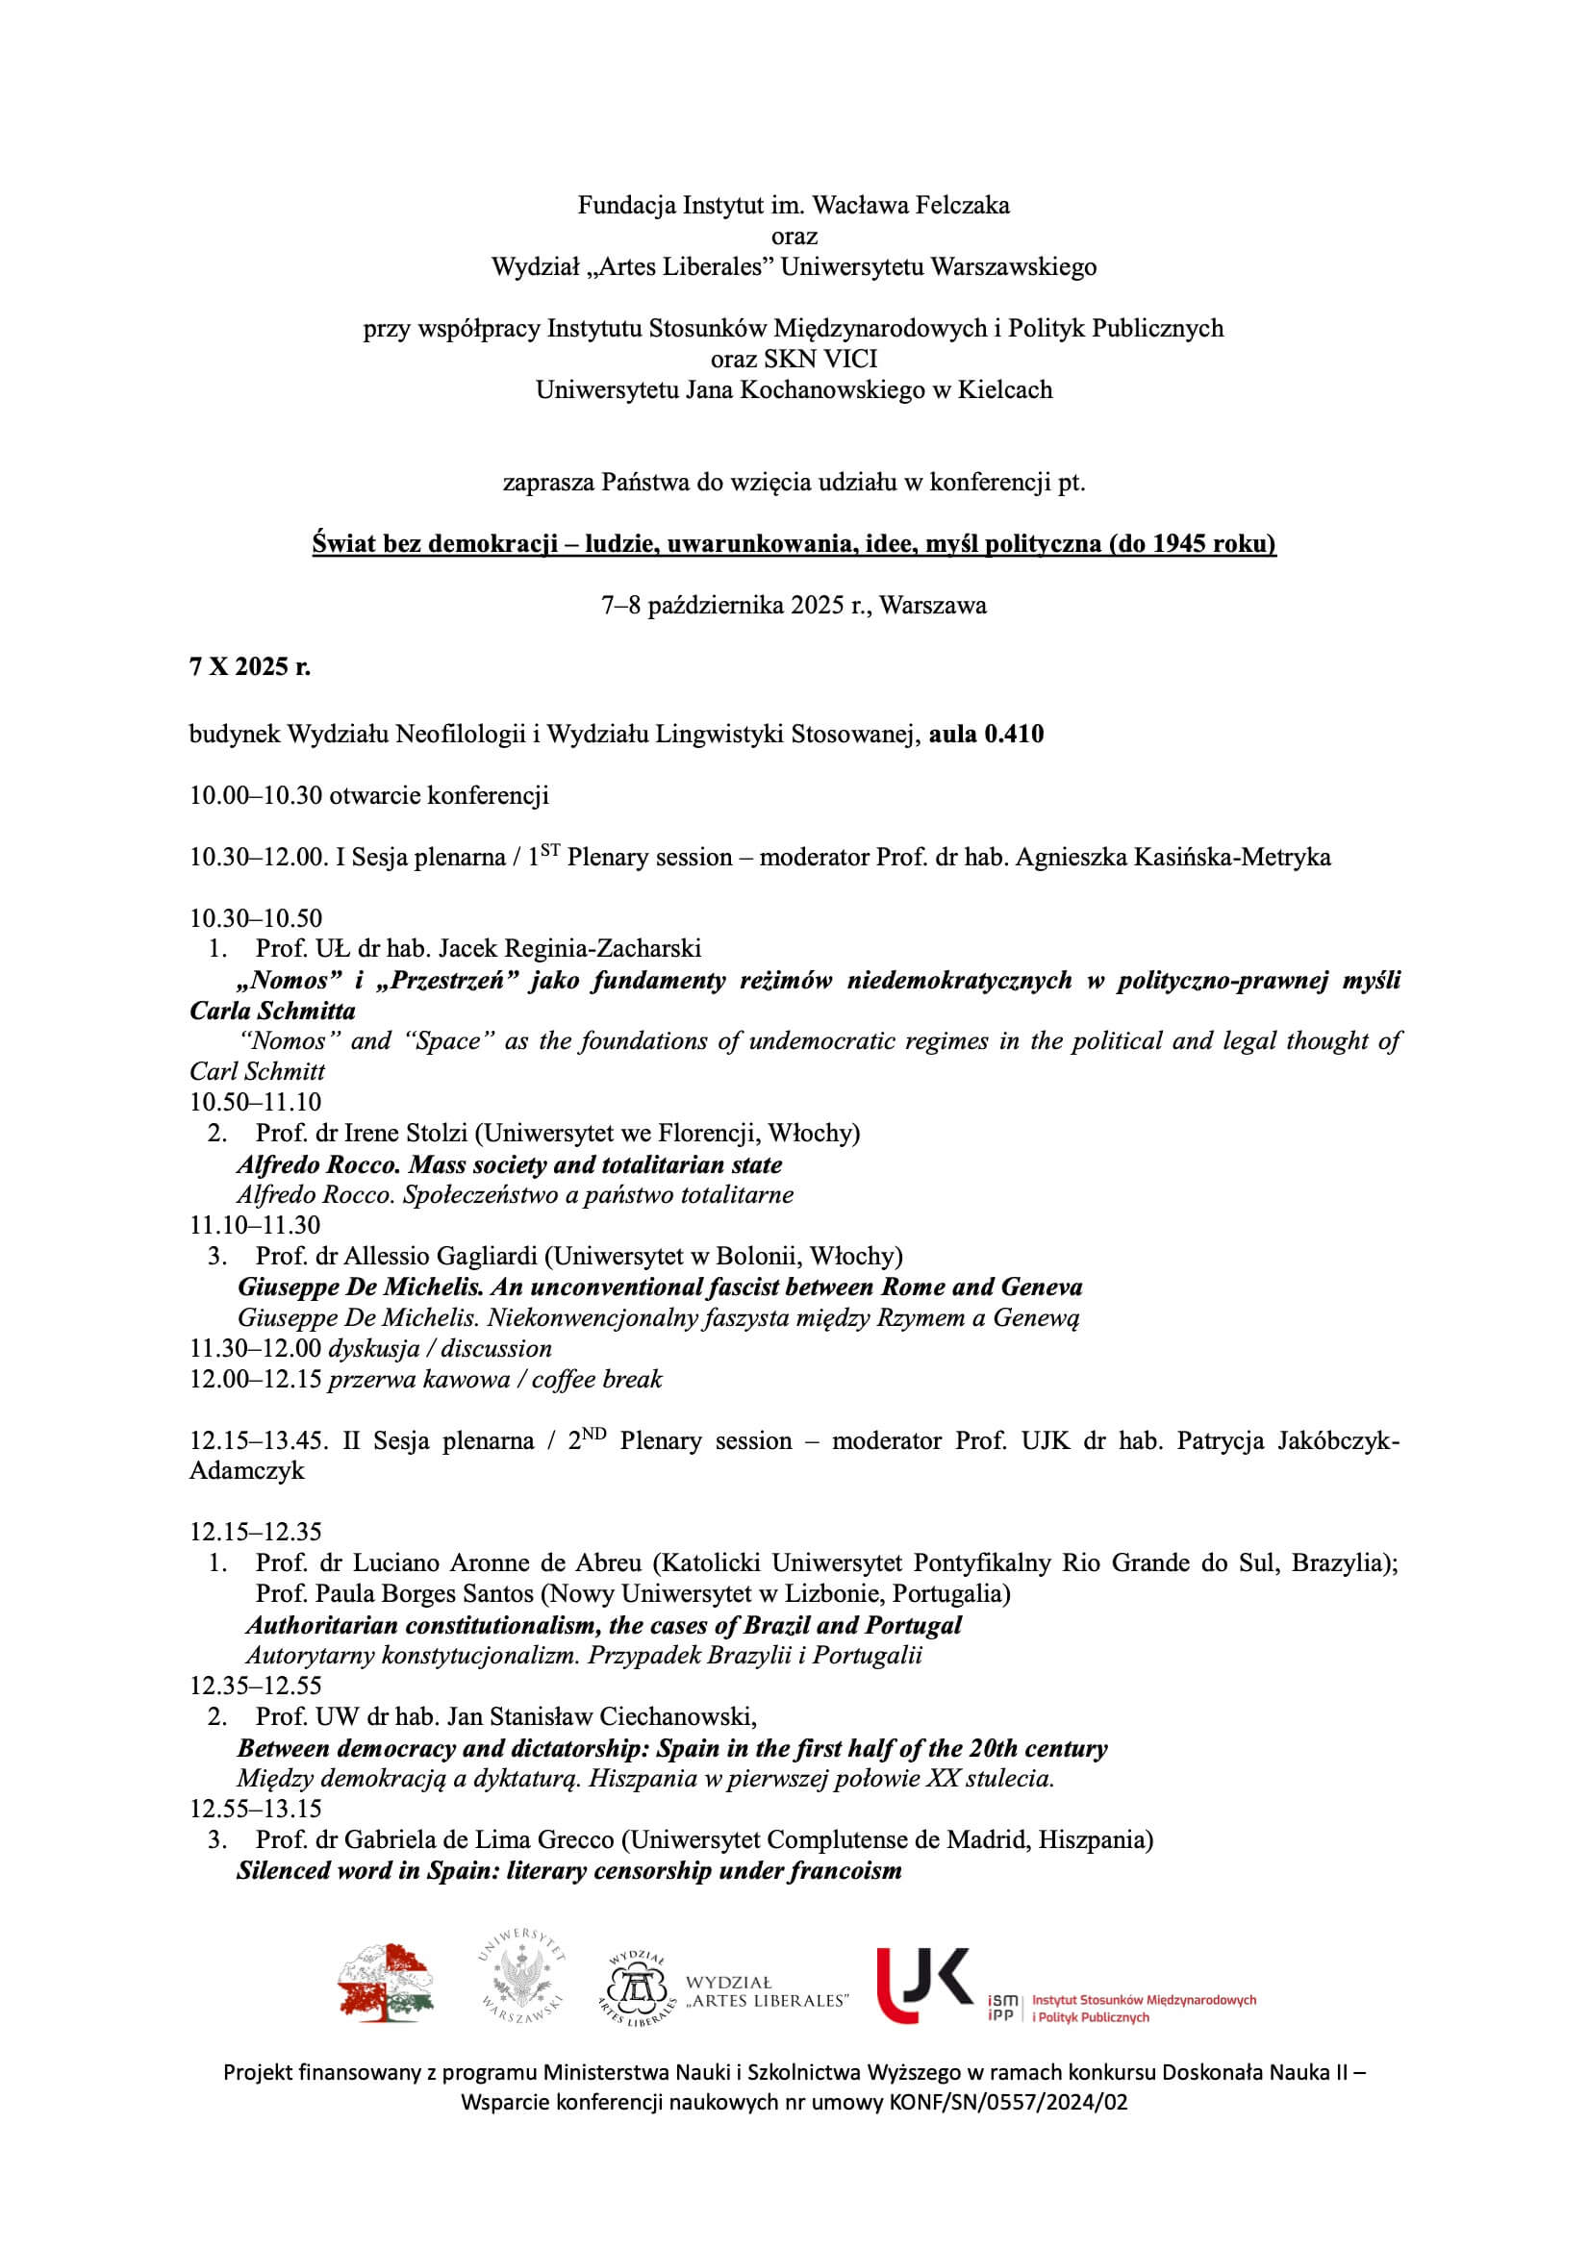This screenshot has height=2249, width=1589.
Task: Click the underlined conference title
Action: point(794,543)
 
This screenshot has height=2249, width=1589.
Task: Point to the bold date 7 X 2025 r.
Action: point(250,667)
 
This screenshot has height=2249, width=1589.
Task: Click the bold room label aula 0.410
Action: point(987,734)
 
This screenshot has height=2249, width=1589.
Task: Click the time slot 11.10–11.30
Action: point(255,1225)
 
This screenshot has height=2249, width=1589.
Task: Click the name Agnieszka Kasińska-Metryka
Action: point(1173,857)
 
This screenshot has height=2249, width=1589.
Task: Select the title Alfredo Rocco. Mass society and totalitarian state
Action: point(510,1164)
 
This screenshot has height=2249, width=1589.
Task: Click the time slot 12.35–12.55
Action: point(255,1686)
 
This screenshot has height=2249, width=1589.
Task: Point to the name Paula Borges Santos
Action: point(422,1593)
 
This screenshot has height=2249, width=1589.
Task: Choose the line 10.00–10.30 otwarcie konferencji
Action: point(369,795)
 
